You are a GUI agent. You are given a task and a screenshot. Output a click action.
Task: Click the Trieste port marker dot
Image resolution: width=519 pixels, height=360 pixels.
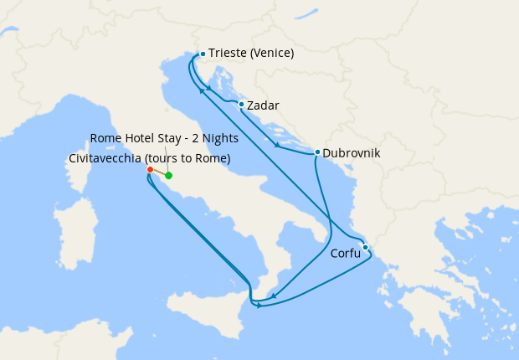pos(203,54)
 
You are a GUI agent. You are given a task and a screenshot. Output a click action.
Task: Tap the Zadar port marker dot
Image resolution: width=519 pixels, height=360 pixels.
pos(241,105)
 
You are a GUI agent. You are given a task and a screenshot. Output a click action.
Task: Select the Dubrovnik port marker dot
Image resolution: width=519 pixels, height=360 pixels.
pos(316,152)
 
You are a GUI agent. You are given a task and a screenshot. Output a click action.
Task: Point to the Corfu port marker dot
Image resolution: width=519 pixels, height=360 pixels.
pos(365,247)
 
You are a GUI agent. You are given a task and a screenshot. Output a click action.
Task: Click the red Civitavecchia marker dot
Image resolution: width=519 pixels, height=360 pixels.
pos(150,170)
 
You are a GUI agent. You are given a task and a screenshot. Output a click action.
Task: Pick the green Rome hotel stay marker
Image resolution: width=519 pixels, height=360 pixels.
pos(168,176)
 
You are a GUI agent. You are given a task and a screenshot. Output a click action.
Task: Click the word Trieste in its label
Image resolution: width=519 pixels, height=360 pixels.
pos(229,54)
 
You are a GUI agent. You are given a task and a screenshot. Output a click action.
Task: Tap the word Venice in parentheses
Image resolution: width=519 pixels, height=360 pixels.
pos(274,54)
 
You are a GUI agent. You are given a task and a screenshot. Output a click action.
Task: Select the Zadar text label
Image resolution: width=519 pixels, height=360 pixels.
pos(263,106)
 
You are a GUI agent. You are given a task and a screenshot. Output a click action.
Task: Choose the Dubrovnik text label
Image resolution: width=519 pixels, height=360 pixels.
pos(351,154)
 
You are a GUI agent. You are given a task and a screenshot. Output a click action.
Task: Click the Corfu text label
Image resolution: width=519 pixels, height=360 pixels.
pos(346,253)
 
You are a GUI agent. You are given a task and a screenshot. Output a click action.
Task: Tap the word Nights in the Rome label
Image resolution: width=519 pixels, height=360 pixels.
pos(221,138)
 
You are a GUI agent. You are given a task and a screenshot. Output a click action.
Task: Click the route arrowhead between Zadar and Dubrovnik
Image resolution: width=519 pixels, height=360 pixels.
pos(277,145)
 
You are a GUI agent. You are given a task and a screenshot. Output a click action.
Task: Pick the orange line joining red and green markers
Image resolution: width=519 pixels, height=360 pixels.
pos(159,173)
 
